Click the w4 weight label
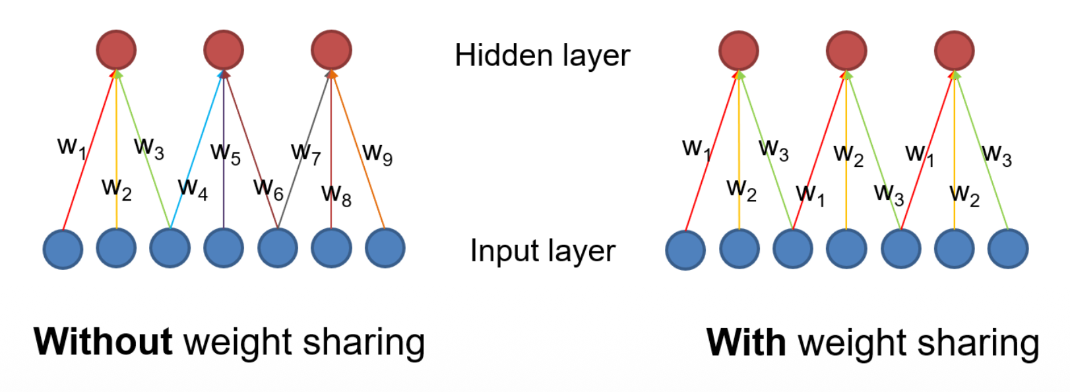193,189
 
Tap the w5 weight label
226,153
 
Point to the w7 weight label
305,153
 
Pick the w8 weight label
336,195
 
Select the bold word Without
103,342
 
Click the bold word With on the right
746,343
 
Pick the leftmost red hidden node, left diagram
116,49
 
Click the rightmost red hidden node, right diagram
954,51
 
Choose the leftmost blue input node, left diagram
63,249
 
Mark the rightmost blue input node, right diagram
1007,249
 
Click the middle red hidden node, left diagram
224,49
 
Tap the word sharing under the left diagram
363,343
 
